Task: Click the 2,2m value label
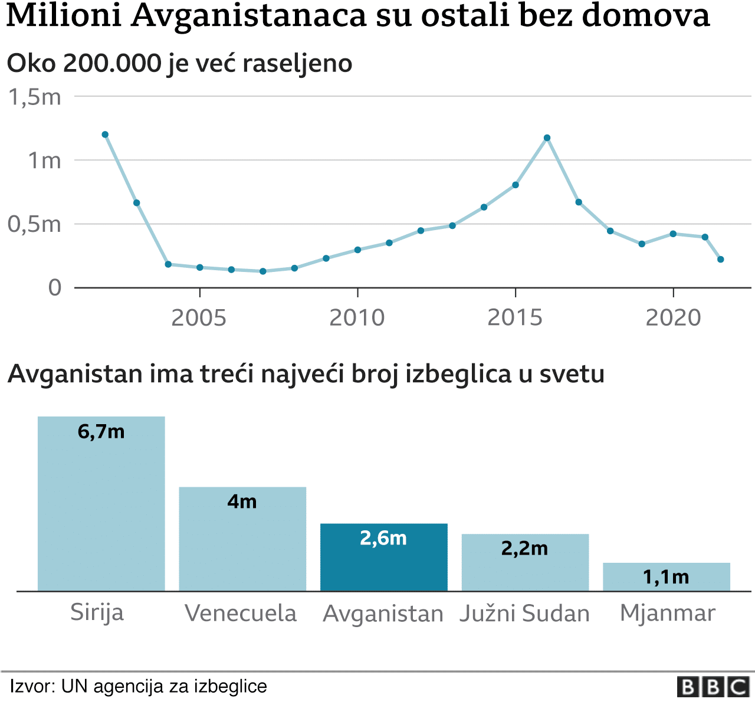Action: tap(524, 549)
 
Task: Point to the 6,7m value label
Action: tap(101, 432)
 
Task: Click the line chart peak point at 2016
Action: tap(547, 138)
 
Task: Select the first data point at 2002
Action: tap(105, 135)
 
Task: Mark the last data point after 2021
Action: tap(720, 260)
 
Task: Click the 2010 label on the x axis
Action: tap(357, 318)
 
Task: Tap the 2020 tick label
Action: tap(673, 318)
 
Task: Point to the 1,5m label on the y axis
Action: tap(35, 97)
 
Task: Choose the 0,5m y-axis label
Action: tap(35, 224)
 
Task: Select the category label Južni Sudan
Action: tap(524, 614)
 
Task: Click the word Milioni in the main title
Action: tap(64, 16)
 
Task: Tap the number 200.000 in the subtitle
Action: tap(112, 63)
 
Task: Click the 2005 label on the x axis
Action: tap(199, 318)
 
